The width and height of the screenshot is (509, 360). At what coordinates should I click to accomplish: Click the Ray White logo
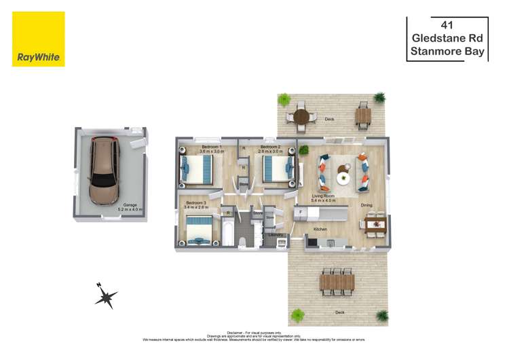click(x=38, y=39)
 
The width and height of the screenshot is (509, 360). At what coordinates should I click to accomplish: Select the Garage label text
click(x=130, y=205)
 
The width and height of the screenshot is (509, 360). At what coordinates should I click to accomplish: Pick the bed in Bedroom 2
click(x=278, y=169)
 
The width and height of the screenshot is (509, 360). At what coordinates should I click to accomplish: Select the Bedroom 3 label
click(x=196, y=202)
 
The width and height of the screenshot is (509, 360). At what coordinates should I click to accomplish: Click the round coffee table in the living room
click(x=343, y=178)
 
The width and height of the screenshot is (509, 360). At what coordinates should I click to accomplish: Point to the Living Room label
click(x=324, y=196)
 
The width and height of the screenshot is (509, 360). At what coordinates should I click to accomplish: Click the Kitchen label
click(x=320, y=230)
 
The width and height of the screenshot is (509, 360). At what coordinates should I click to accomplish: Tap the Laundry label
click(x=276, y=235)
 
